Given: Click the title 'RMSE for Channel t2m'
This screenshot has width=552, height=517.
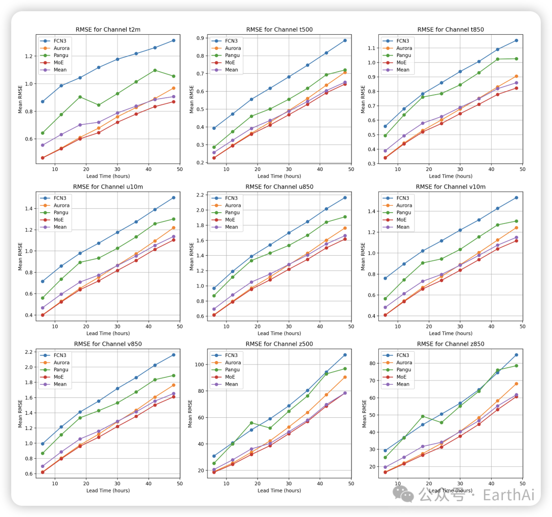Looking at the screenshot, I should point(107,30).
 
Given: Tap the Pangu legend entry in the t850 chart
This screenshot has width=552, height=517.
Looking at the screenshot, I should point(403,55).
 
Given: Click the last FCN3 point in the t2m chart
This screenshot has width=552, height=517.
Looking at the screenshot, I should point(174,40).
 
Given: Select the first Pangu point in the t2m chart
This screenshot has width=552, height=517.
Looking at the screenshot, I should point(43,133).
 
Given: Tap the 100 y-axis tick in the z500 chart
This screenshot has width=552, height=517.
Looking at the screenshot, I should point(201,365).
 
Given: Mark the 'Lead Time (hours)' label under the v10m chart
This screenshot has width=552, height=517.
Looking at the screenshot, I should point(450,333).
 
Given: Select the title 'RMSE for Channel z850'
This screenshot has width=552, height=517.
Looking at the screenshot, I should point(450,344).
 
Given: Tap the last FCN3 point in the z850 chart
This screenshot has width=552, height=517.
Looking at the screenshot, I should point(516,355).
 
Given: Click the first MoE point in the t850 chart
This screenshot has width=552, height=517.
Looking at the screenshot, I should point(385,158).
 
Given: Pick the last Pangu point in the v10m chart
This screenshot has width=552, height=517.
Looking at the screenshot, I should point(516,221).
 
